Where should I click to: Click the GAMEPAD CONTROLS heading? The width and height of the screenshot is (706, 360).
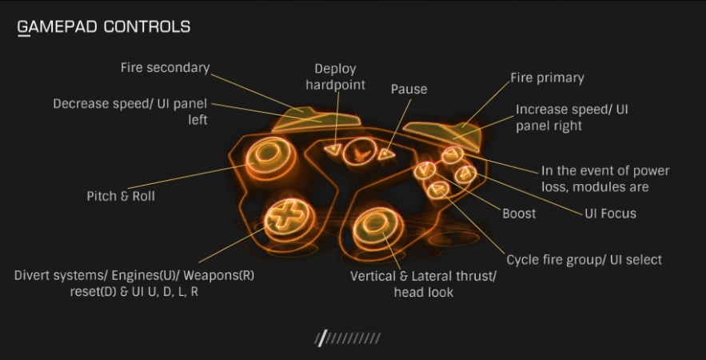coord(104,26)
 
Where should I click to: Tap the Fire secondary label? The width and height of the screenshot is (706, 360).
coord(165,68)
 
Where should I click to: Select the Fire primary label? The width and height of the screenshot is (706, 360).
coord(547,78)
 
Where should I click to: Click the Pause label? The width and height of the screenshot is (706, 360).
coord(409,89)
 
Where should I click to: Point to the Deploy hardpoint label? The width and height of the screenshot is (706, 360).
coord(335,77)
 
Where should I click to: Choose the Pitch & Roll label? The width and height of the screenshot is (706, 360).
coord(120,196)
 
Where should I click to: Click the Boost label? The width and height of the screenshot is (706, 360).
coord(519,214)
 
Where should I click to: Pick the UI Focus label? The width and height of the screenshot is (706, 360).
coord(610,214)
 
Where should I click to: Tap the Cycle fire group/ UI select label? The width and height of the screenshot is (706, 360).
coord(584,260)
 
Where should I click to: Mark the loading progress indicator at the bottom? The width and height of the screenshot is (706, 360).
coord(348,338)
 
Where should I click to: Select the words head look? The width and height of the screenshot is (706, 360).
coord(423,292)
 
